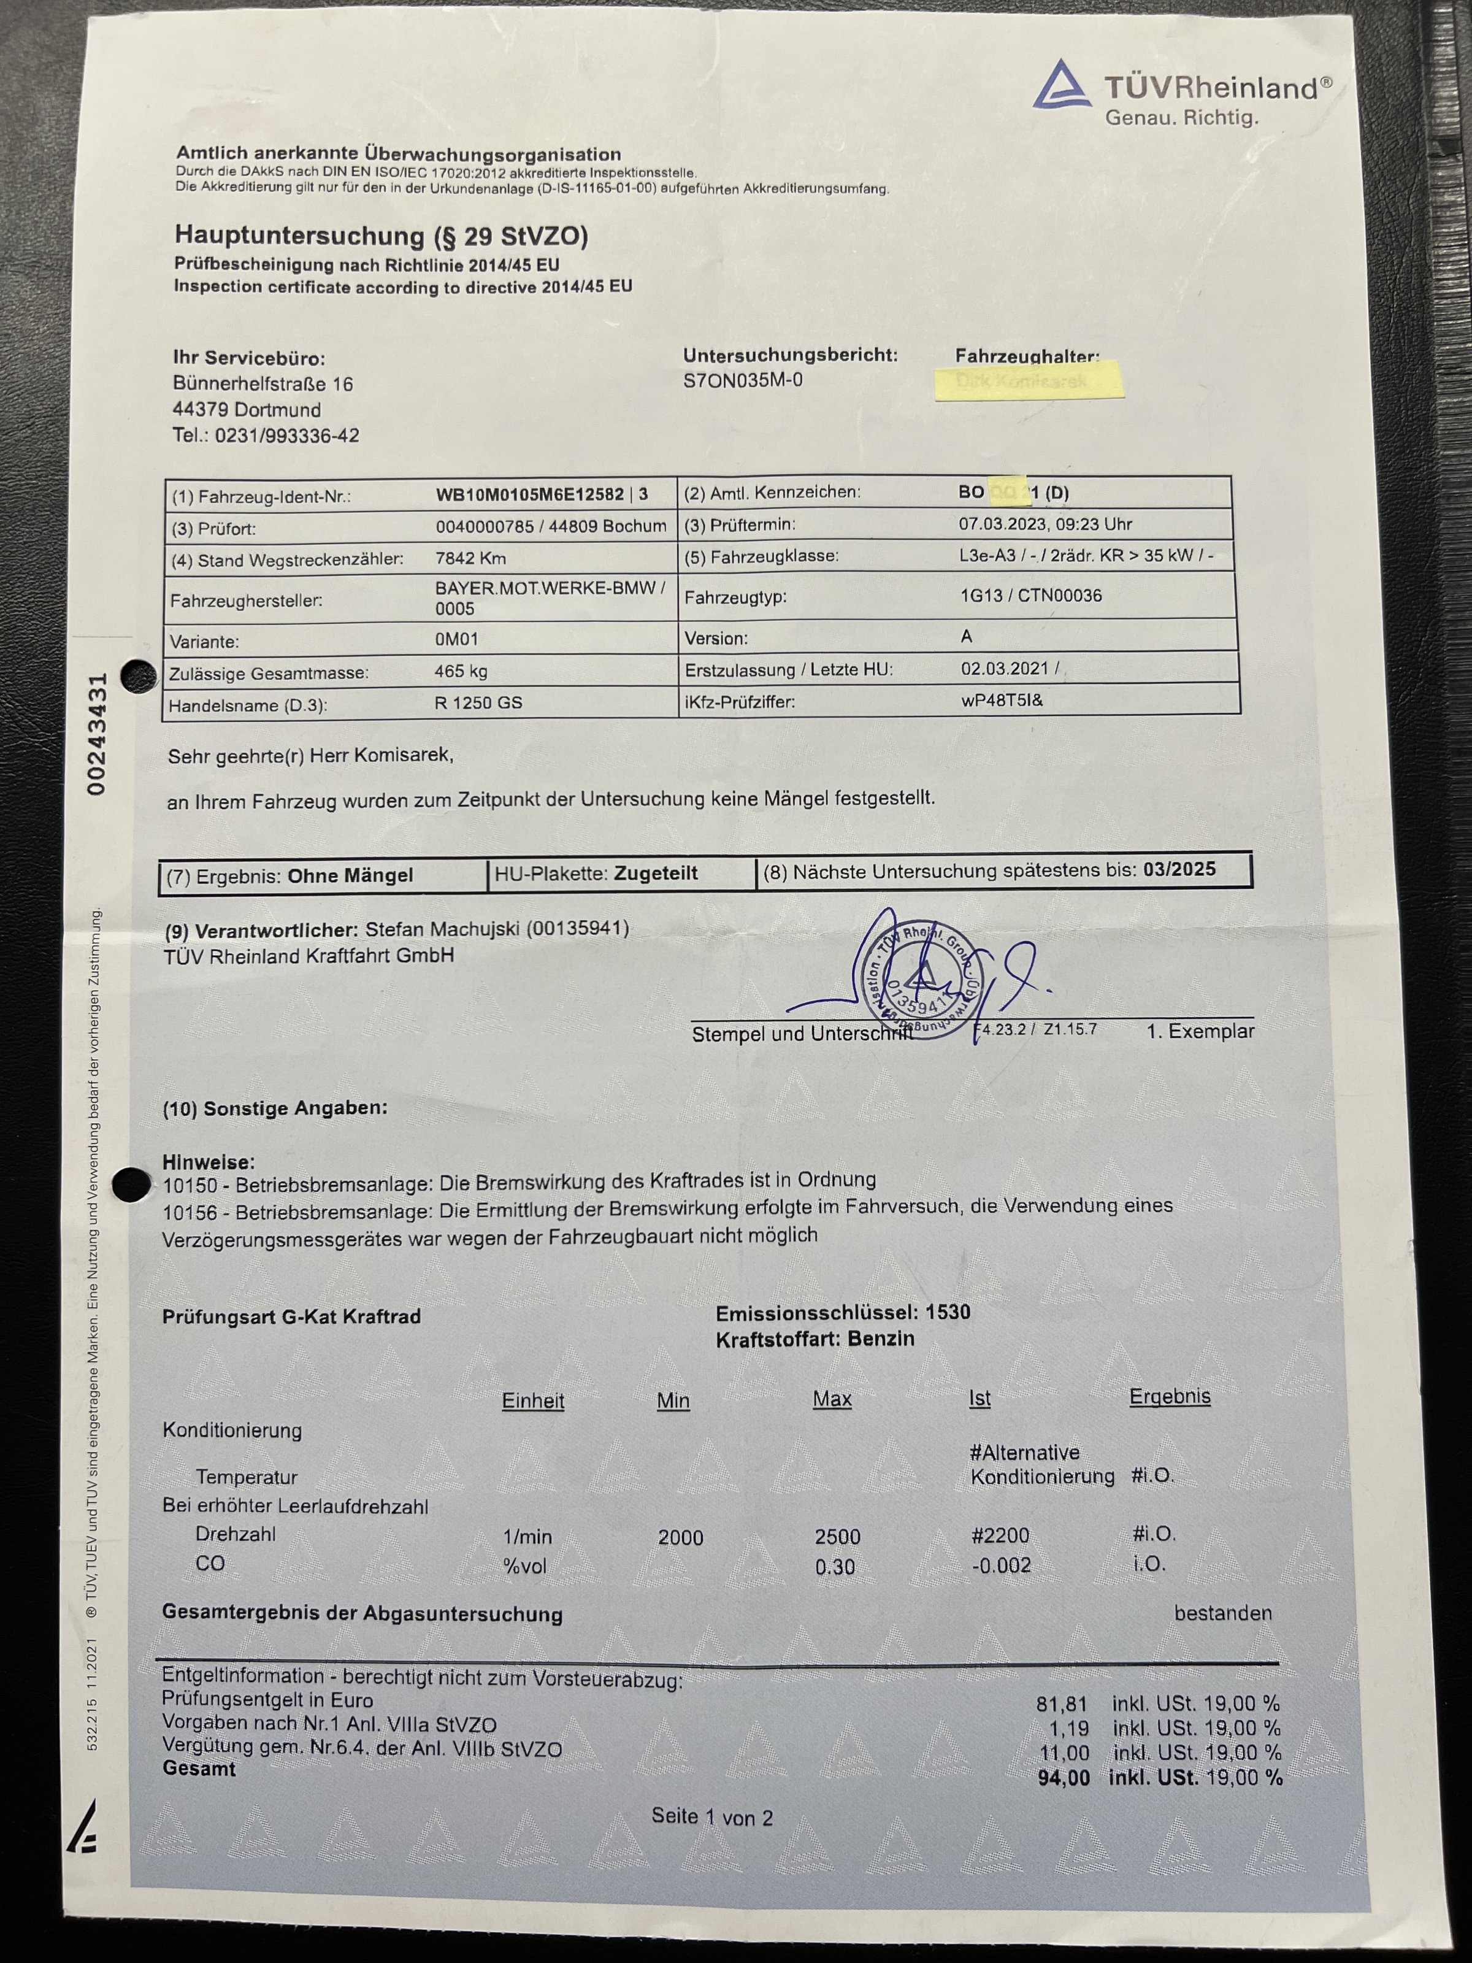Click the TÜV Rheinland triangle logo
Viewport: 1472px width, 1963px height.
point(1063,85)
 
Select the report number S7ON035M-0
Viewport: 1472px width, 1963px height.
point(743,381)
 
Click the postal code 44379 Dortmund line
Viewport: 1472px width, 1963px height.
point(247,410)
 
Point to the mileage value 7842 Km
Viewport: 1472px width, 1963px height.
point(470,558)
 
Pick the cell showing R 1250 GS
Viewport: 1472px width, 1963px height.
point(478,703)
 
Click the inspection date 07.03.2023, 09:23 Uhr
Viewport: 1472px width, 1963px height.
point(1045,524)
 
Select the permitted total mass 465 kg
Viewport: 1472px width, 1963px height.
point(461,671)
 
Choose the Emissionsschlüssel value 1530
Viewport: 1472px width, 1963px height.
point(948,1313)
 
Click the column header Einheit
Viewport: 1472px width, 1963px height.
point(532,1401)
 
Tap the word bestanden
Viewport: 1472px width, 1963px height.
point(1222,1613)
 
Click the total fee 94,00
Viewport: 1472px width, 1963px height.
point(1063,1778)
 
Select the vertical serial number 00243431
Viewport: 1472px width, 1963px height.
point(98,733)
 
